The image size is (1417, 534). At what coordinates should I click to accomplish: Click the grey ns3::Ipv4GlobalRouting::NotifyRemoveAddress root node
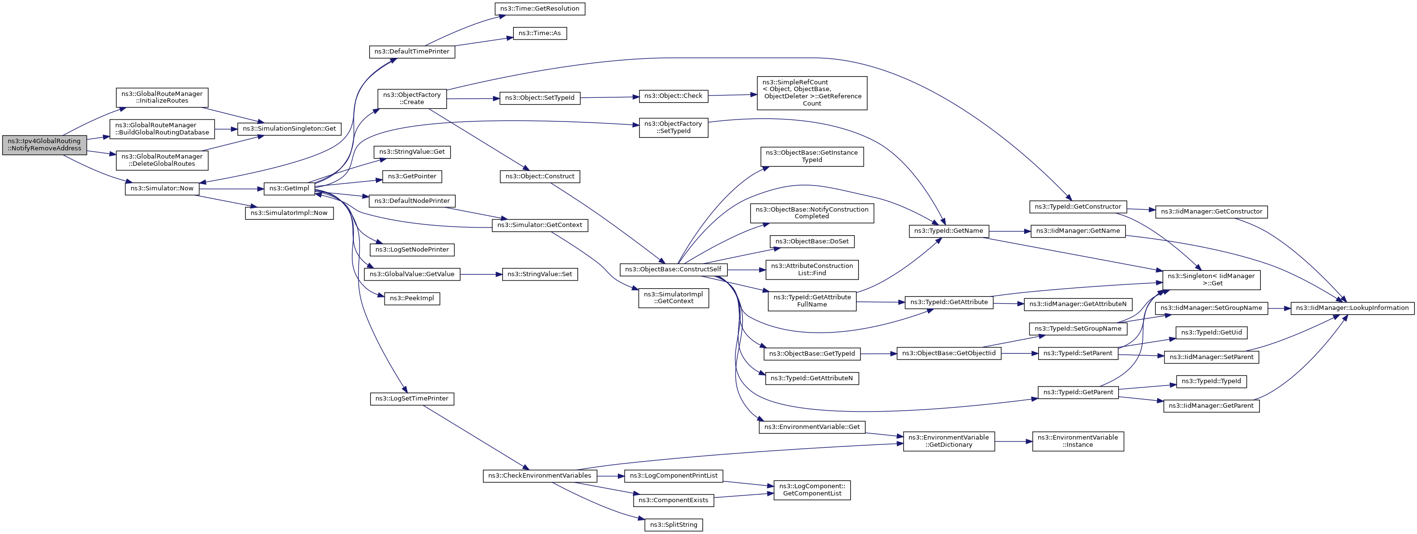(44, 145)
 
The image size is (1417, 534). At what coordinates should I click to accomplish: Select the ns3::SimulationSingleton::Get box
(289, 129)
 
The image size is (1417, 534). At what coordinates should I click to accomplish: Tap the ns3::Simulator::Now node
(162, 188)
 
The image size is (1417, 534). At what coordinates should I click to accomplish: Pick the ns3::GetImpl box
(289, 188)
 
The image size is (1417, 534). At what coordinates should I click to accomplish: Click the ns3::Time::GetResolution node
(540, 9)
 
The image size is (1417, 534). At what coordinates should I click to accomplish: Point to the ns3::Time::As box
(540, 34)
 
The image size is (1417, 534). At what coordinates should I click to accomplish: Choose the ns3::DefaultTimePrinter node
(412, 52)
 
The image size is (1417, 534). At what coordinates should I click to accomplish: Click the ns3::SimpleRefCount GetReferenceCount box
(812, 93)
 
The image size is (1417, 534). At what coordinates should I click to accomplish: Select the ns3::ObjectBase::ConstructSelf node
(673, 269)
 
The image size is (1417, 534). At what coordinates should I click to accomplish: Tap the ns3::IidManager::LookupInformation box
(1352, 308)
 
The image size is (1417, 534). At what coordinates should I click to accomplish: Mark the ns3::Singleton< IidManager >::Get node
(1211, 280)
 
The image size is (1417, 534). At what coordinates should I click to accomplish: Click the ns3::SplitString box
(674, 525)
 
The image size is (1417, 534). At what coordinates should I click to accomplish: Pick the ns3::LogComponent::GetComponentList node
(812, 490)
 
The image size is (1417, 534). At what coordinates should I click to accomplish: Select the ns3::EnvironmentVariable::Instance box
(1078, 441)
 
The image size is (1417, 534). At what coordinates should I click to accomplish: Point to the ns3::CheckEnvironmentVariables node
(540, 476)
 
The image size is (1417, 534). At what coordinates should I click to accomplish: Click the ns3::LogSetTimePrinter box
(412, 399)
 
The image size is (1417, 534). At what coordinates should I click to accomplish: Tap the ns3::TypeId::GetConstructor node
(1078, 207)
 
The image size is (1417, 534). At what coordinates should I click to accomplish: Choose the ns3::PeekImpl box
(412, 299)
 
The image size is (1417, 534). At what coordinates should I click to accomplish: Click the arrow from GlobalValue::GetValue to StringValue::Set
(481, 274)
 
